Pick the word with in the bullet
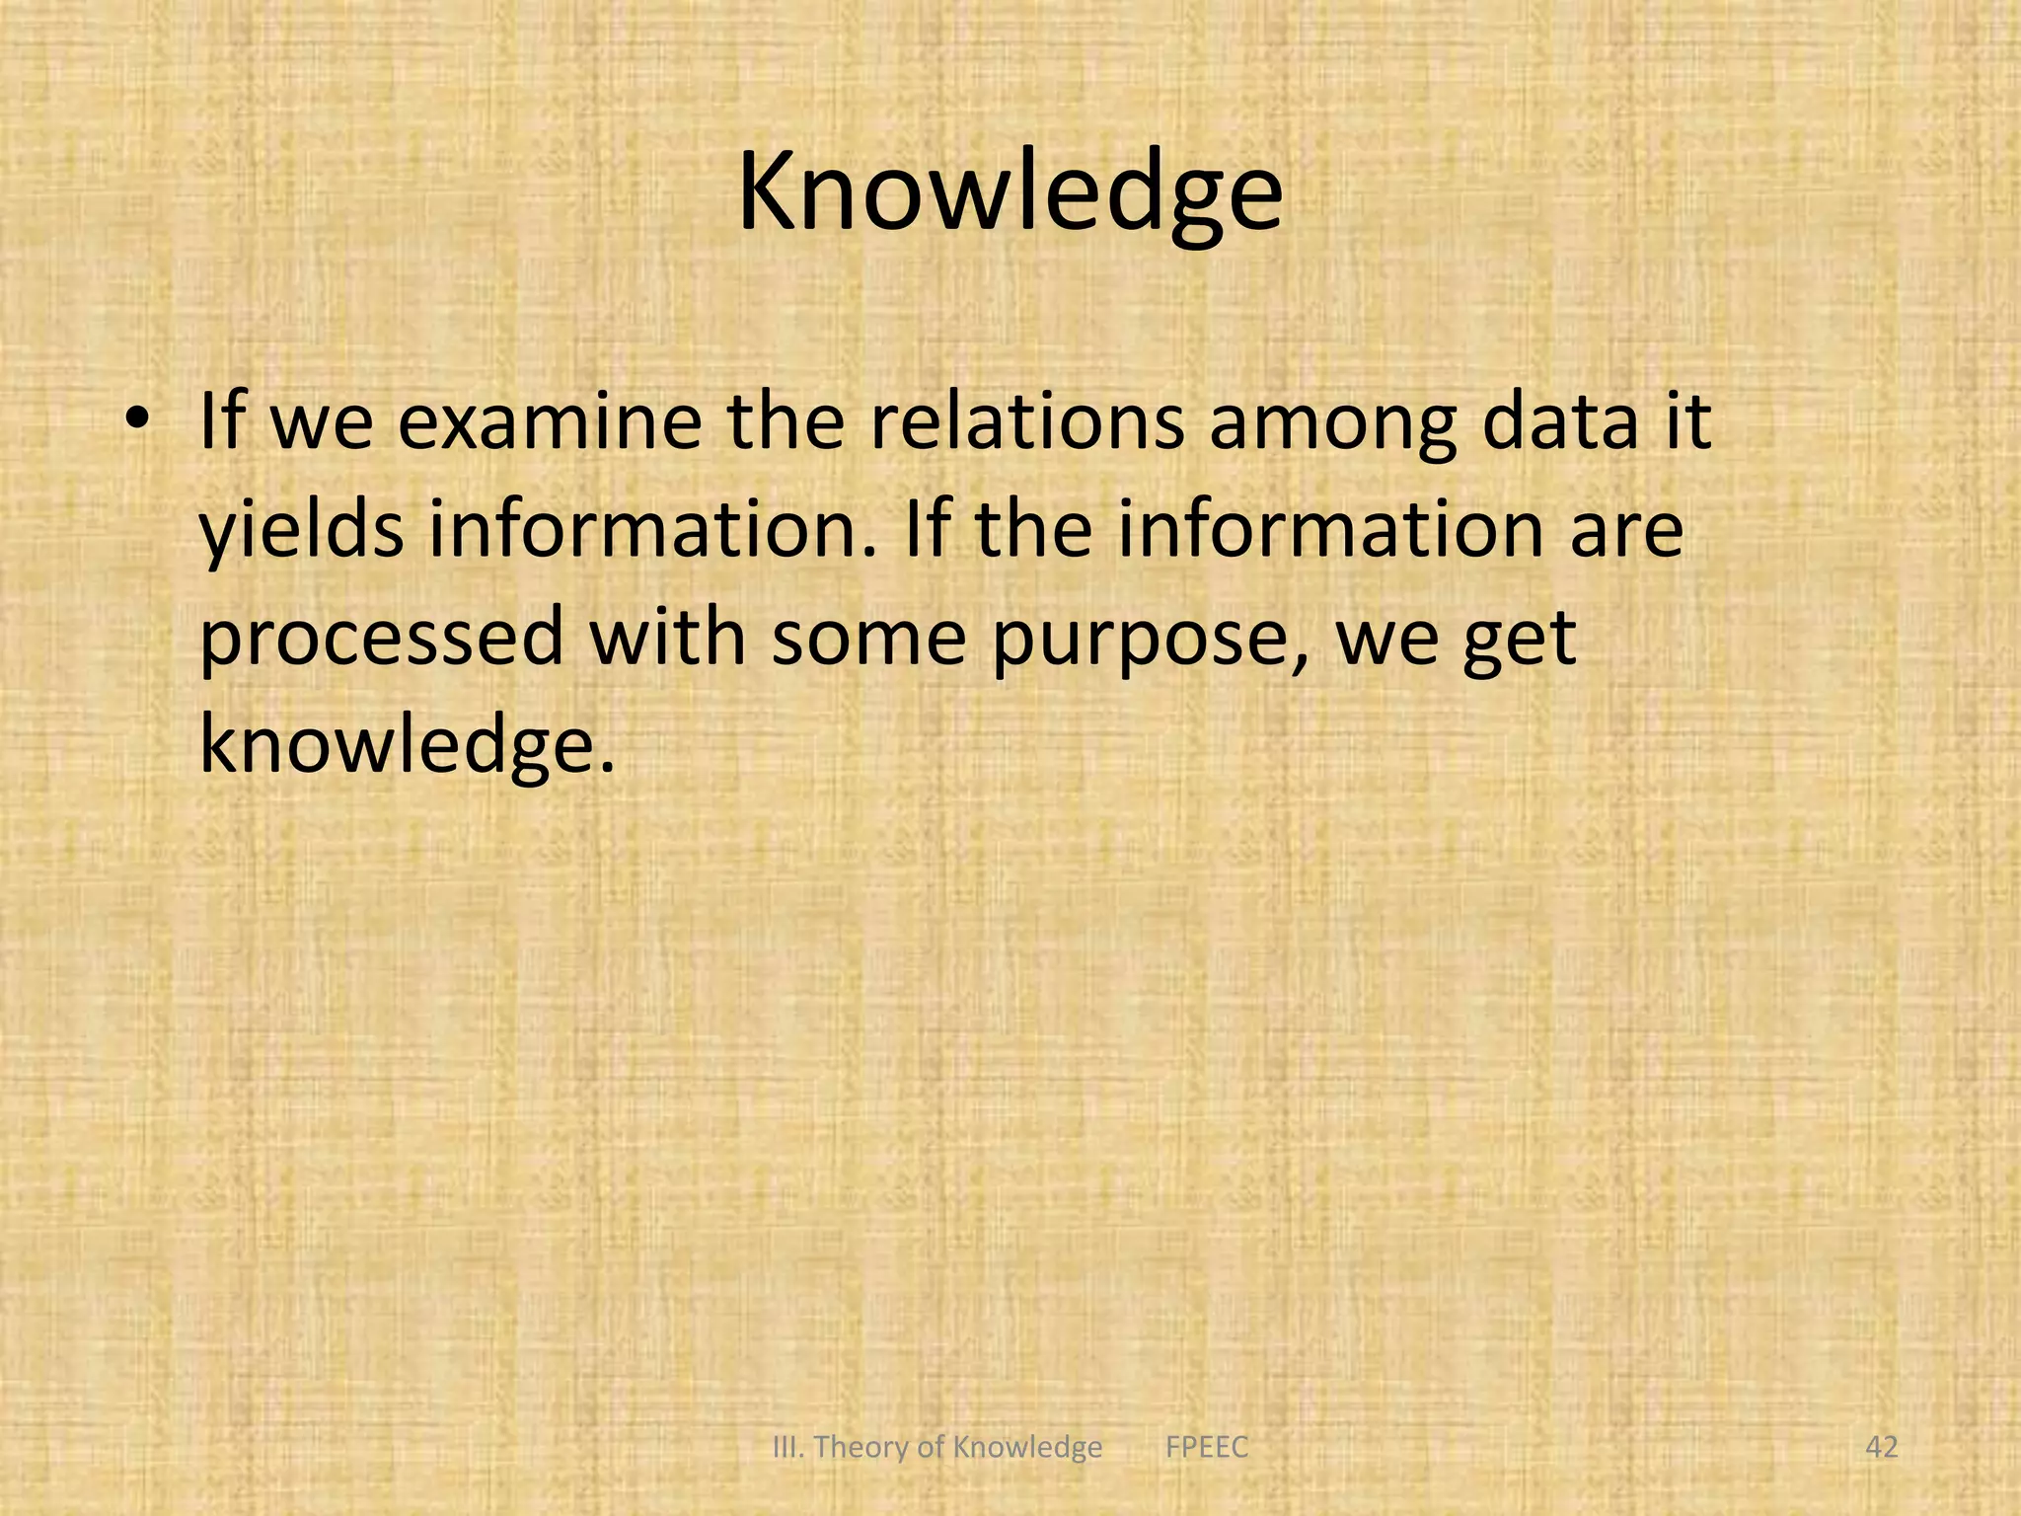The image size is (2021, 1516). click(x=668, y=637)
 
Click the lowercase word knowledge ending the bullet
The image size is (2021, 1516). click(x=405, y=745)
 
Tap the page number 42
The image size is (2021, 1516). click(x=1882, y=1447)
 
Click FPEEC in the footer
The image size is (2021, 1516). click(x=1207, y=1447)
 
